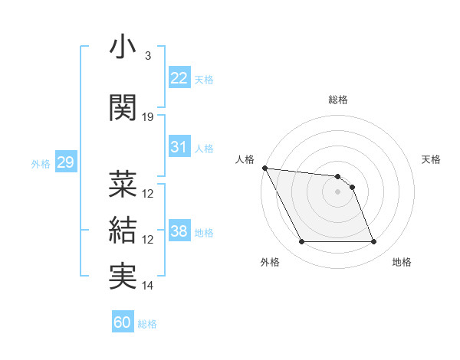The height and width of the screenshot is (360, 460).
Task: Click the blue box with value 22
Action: coord(179,77)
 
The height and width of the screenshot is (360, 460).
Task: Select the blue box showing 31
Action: coord(179,147)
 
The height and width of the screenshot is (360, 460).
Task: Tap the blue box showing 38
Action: coord(179,231)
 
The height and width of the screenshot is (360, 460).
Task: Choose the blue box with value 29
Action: coord(65,162)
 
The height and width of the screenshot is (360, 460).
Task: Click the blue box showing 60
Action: coord(123,322)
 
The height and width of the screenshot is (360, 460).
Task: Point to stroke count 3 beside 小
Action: coord(147,56)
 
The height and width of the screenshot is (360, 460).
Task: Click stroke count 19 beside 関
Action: coord(148,117)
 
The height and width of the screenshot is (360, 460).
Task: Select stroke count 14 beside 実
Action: coord(148,286)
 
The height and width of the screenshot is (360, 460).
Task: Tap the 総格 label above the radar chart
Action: coord(338,100)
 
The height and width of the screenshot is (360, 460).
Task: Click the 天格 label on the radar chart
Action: coord(432,159)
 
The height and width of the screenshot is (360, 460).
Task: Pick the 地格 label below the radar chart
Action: coord(402,262)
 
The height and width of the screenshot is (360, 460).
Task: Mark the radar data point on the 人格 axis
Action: coord(264,168)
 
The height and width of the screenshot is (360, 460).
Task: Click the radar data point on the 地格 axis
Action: coord(374,242)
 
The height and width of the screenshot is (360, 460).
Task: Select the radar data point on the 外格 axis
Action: coord(301,242)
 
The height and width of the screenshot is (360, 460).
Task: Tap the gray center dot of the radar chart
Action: coord(338,191)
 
